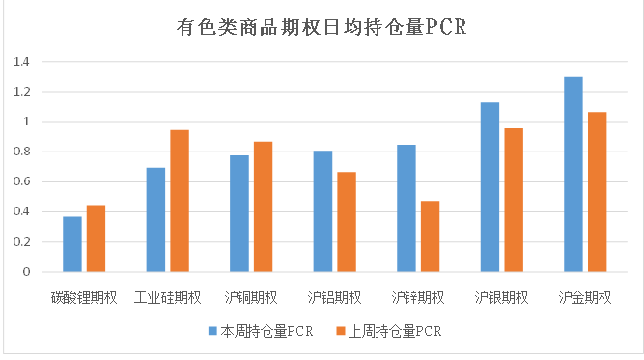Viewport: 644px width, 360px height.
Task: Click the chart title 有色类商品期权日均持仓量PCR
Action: point(322,26)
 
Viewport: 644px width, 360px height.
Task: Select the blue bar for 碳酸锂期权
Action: point(72,244)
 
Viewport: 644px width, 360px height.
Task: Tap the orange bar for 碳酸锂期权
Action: point(96,238)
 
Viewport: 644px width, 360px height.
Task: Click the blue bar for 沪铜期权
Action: point(239,213)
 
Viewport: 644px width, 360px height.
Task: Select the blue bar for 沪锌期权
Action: point(406,208)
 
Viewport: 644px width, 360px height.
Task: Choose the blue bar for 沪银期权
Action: point(490,187)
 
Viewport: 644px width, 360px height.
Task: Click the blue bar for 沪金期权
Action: point(574,175)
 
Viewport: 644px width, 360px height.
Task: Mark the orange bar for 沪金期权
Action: point(597,192)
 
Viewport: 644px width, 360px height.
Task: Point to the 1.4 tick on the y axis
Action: point(21,62)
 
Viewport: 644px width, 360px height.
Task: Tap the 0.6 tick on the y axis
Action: point(21,181)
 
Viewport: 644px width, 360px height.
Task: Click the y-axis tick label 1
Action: point(26,122)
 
